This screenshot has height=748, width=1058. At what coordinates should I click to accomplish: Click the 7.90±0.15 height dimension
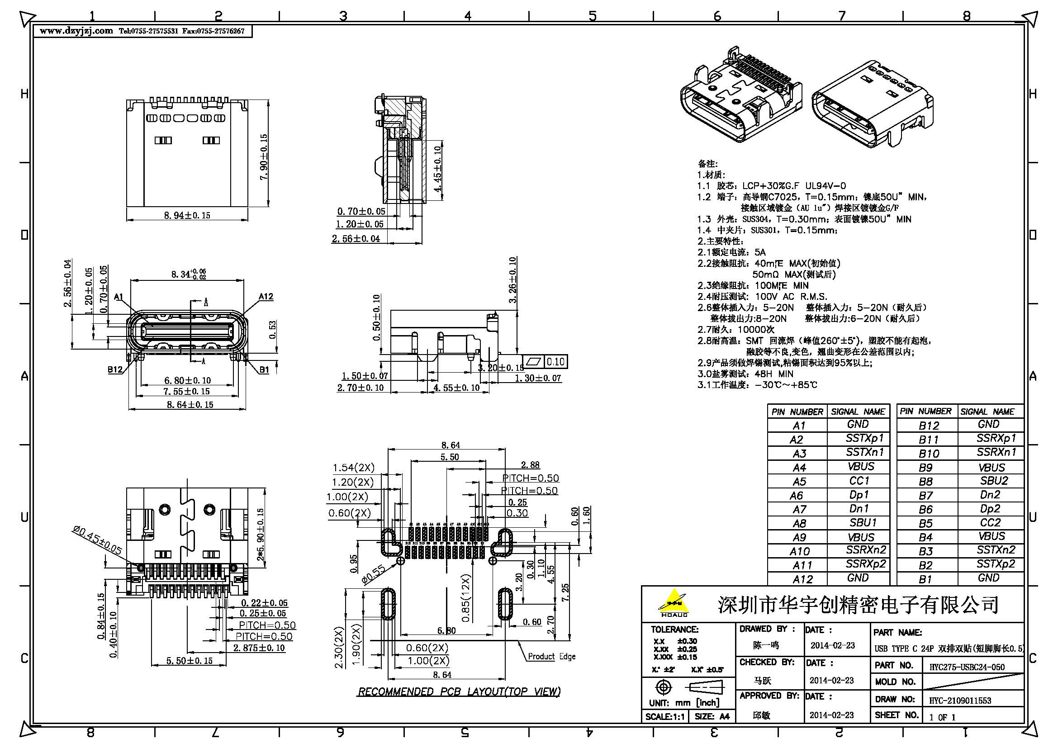(x=264, y=157)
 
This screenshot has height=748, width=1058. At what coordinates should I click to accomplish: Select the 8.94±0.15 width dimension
(x=187, y=215)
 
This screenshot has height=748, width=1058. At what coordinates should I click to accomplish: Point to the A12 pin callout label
(x=266, y=297)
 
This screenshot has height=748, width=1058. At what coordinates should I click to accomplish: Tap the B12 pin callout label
(x=115, y=369)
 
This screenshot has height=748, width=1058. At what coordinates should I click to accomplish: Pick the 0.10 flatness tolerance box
(x=555, y=362)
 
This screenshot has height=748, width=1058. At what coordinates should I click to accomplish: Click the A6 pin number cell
(x=796, y=496)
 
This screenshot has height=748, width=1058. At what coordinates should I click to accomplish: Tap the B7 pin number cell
(x=925, y=496)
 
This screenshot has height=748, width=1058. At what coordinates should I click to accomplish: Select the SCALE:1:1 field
(x=664, y=717)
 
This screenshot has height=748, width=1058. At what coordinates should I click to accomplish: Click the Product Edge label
(x=551, y=656)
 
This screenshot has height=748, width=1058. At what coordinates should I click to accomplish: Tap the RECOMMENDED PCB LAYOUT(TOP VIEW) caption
(x=459, y=691)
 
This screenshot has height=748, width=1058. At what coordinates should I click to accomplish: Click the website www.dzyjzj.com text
(x=76, y=31)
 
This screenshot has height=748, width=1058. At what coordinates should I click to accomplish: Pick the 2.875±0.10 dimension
(x=259, y=648)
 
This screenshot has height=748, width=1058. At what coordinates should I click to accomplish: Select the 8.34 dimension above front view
(x=188, y=275)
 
